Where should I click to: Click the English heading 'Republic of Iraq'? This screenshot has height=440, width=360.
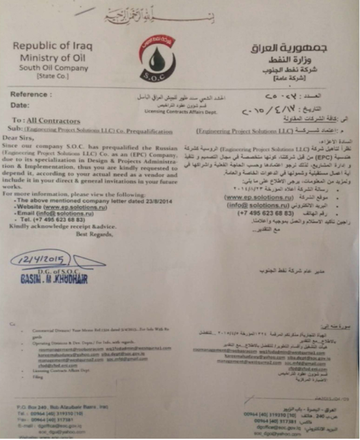tap(52, 46)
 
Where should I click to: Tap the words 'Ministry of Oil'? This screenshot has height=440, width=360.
tap(53, 58)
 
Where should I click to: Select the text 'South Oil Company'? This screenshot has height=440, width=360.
tap(54, 68)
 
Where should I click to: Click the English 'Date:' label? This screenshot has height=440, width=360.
tap(20, 106)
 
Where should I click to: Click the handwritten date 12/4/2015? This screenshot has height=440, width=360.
tap(39, 260)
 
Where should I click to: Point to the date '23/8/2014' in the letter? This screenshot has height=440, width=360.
tap(158, 202)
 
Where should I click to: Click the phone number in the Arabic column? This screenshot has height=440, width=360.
tap(264, 213)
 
